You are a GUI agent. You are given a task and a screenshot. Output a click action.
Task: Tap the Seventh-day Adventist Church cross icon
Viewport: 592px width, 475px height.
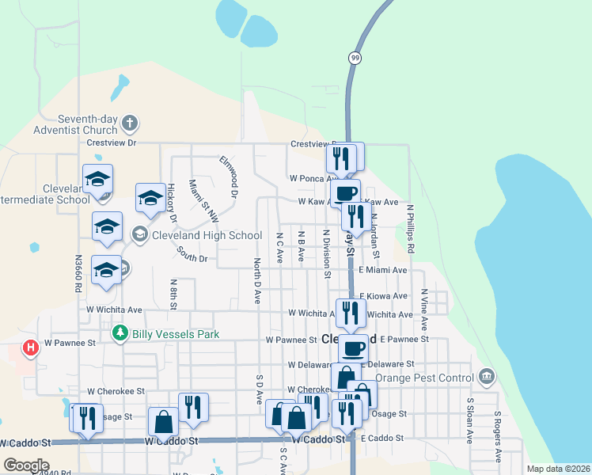pyautogui.click(x=131, y=123)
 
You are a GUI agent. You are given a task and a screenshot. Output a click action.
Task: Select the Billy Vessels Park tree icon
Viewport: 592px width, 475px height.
pyautogui.click(x=120, y=334)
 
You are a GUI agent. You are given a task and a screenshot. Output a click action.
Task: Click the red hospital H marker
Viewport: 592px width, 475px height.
pyautogui.click(x=30, y=348)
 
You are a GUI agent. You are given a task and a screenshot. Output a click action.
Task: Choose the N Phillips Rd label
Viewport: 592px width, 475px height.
pyautogui.click(x=411, y=230)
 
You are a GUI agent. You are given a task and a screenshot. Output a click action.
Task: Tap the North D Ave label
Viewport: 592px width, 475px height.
pyautogui.click(x=257, y=280)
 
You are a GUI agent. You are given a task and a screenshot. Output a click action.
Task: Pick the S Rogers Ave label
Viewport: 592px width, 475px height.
pyautogui.click(x=498, y=435)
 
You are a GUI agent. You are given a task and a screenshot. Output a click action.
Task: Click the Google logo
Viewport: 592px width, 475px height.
pyautogui.click(x=25, y=465)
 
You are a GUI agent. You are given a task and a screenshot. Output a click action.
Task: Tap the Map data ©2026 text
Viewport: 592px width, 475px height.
pyautogui.click(x=558, y=469)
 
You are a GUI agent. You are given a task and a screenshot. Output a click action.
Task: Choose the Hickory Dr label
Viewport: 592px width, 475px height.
pyautogui.click(x=171, y=203)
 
